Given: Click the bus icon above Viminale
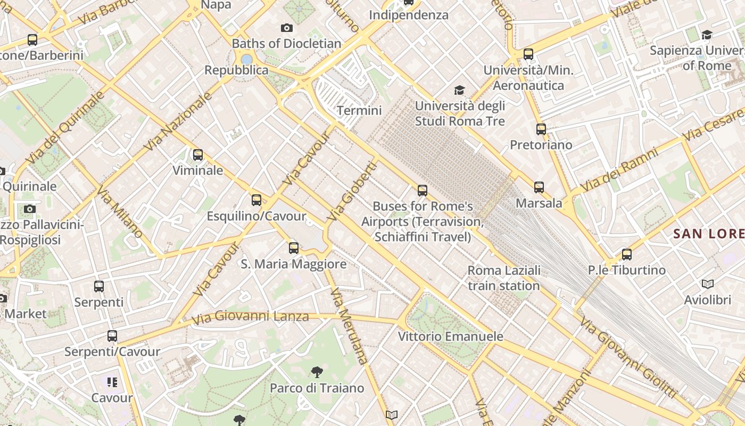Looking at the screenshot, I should (x=198, y=155).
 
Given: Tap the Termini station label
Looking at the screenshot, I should (x=360, y=111).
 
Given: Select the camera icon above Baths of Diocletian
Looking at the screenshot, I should (x=287, y=28).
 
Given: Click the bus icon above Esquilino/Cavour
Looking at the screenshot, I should (x=256, y=200).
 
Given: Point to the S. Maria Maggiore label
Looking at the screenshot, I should (x=293, y=264).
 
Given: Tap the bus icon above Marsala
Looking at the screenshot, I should (x=539, y=187).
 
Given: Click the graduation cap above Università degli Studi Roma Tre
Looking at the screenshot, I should (x=459, y=90).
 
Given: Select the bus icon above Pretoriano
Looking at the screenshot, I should (x=541, y=129).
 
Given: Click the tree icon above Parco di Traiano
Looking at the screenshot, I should (x=317, y=372).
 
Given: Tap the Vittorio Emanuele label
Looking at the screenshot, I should (x=451, y=337).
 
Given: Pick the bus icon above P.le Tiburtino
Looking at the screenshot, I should (x=627, y=255).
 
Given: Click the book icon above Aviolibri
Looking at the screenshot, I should (x=707, y=284).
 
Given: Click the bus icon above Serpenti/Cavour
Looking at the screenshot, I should (x=112, y=336).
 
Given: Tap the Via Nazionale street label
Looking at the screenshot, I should (x=178, y=121).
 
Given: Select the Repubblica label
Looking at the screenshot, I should (x=236, y=70).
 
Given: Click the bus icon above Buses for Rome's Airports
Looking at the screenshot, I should (x=423, y=190).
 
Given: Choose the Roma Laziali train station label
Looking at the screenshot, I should (x=504, y=278).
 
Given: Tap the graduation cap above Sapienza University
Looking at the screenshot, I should (x=707, y=35).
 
